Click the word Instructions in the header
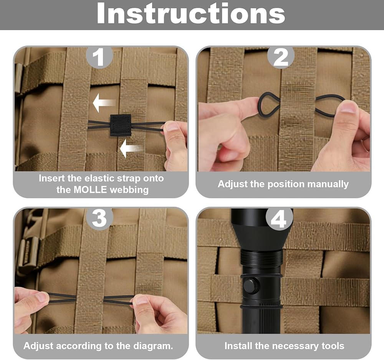[x=191, y=13]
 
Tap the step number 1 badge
[x=99, y=57]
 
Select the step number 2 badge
[x=281, y=57]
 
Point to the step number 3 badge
[x=99, y=219]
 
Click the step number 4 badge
[x=279, y=219]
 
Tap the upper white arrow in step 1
[x=104, y=103]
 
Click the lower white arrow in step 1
[x=131, y=149]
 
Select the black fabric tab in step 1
[x=120, y=125]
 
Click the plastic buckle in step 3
[x=28, y=255]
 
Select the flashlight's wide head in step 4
[x=261, y=228]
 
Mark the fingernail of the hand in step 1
[x=172, y=126]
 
